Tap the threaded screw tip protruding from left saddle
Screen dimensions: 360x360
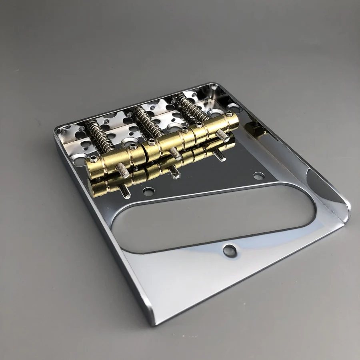(x=123, y=170)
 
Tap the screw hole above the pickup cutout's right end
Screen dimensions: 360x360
(x=258, y=176)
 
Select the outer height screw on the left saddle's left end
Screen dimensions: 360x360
(x=93, y=159)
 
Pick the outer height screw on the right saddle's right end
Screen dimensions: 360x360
(x=228, y=114)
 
